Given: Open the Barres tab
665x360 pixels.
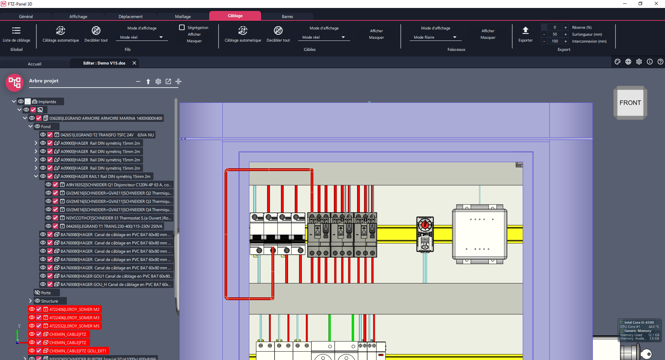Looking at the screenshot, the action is click(x=287, y=17).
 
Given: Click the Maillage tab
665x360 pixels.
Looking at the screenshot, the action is click(x=183, y=17).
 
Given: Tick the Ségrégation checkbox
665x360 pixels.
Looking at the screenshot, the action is click(x=182, y=27).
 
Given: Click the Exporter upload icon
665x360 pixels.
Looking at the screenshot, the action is click(x=525, y=30).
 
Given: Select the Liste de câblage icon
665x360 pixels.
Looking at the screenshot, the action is click(x=16, y=30).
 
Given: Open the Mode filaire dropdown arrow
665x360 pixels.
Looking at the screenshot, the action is click(x=455, y=37).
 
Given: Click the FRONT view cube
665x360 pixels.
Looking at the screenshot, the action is click(x=630, y=103).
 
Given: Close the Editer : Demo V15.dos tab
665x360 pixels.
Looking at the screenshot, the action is click(x=134, y=63).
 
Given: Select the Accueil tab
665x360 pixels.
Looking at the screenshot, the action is click(x=35, y=64).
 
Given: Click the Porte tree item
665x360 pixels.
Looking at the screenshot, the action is click(x=46, y=293).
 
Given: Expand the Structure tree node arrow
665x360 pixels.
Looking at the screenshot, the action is click(x=30, y=301).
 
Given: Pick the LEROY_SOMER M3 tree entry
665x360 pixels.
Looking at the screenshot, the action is click(x=74, y=318).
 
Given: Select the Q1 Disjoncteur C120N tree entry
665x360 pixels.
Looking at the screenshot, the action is click(x=119, y=185).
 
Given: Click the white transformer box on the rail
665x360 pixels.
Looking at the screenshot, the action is click(x=480, y=234).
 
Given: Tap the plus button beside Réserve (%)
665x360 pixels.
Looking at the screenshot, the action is click(x=566, y=27).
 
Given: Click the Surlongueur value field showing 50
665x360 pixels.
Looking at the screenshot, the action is click(x=555, y=34).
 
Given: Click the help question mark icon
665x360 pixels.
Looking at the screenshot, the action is click(x=660, y=62).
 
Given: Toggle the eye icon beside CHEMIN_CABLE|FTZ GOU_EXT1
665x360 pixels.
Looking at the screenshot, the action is click(x=32, y=351).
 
